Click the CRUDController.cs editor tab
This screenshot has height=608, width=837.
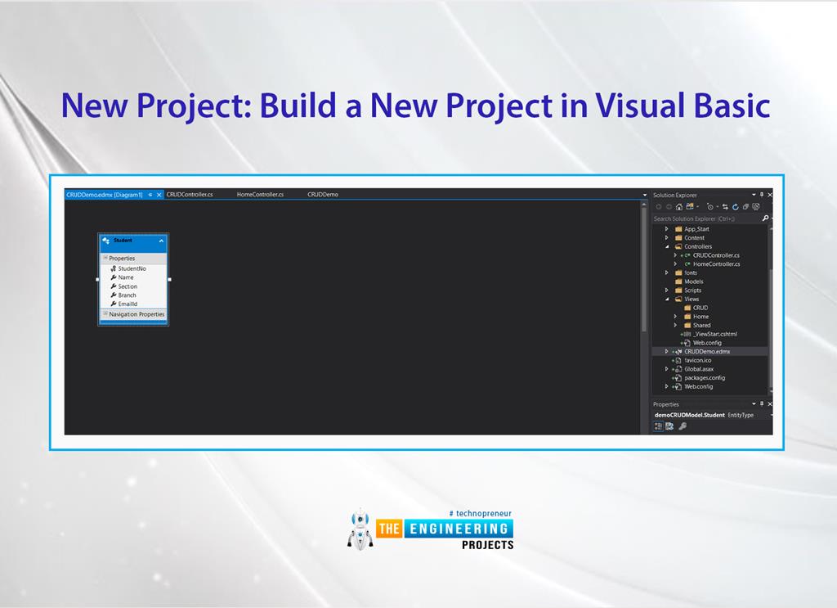tap(190, 195)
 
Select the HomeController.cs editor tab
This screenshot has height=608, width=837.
tap(260, 195)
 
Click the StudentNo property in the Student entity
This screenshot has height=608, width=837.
tap(132, 268)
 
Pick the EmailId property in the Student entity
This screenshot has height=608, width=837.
tap(128, 304)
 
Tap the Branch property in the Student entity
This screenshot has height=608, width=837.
tap(127, 295)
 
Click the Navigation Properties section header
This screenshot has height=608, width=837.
tap(137, 314)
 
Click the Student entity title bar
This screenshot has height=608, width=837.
tap(131, 241)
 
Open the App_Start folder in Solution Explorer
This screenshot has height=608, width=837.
tap(696, 229)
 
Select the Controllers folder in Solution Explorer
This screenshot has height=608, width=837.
tap(698, 246)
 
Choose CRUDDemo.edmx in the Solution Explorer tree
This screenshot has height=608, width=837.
tap(707, 351)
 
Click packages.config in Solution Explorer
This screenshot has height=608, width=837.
tap(705, 377)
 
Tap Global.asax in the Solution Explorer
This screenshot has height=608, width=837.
tap(699, 369)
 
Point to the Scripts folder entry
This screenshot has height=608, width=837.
tap(692, 290)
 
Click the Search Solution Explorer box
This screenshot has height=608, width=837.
tap(705, 218)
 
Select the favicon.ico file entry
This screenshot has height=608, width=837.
tap(699, 360)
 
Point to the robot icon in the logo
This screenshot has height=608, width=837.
tap(360, 529)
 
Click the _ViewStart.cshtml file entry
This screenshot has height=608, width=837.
tap(714, 334)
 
